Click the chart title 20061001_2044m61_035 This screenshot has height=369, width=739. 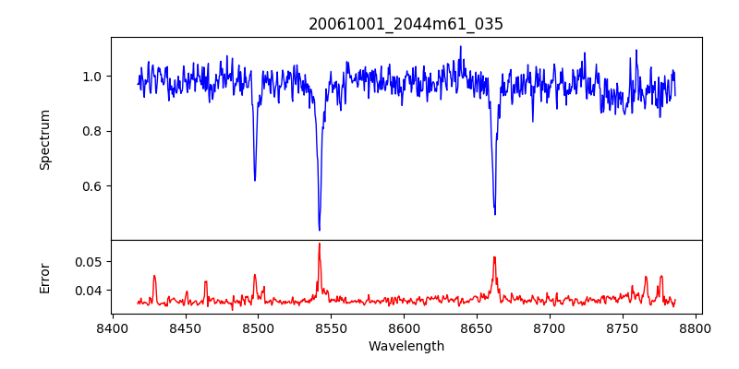[x=406, y=24]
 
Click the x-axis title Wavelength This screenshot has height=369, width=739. [x=406, y=346]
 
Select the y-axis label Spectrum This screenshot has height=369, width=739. [x=45, y=139]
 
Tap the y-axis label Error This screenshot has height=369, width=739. [x=45, y=277]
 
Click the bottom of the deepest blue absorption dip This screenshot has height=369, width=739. [x=320, y=230]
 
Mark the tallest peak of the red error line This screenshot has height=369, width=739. [x=320, y=244]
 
